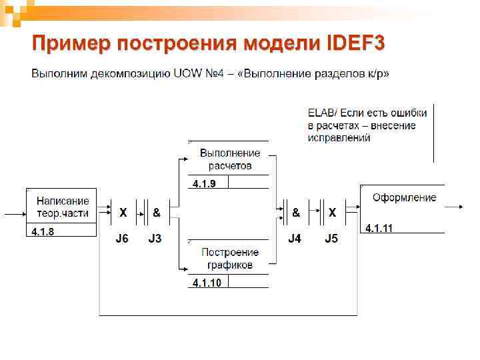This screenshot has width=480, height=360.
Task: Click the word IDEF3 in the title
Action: pos(355,44)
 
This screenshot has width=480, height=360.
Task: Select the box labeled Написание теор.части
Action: pos(62,206)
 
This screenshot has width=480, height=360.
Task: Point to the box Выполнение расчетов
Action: pos(229,159)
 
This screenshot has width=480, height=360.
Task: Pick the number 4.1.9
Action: pos(204,183)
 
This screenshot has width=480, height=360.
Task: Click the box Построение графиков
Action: pos(229,259)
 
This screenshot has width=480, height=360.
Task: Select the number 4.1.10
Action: pos(207,283)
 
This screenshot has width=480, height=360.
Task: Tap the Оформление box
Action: pos(404,198)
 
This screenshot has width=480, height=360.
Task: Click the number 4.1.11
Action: pos(379,229)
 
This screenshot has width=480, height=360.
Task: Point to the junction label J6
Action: pos(122,239)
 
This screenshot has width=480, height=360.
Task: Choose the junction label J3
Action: pos(155,239)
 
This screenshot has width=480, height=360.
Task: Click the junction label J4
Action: pos(295,239)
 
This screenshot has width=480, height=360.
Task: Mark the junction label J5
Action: pos(331,239)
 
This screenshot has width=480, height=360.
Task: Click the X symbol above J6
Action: pos(123,213)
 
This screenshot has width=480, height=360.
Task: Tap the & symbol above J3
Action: pos(156,213)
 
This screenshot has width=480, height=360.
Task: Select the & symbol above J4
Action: pos(296,213)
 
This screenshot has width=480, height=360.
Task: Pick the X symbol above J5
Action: pos(332,213)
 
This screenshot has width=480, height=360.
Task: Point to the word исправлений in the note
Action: pos(339,138)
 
